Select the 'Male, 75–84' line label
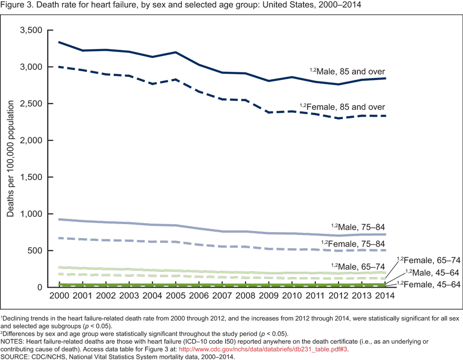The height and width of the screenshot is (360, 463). coord(360,227)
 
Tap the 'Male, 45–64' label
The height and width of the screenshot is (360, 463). coord(433,272)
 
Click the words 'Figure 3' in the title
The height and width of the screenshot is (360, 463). coord(17,5)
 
